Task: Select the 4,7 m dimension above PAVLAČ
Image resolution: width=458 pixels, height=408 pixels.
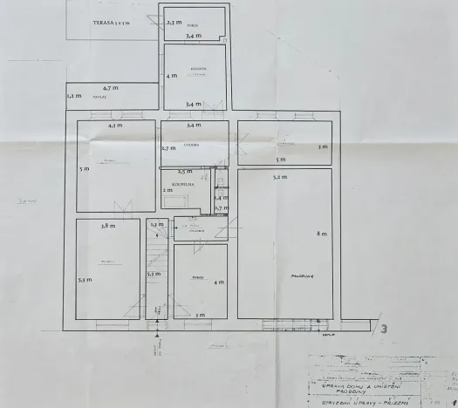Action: click(x=111, y=88)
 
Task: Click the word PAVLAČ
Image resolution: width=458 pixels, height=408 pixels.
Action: click(x=99, y=98)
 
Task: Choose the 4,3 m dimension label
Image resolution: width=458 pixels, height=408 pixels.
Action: click(x=115, y=126)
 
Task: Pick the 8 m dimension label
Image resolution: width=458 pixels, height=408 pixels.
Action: click(x=320, y=233)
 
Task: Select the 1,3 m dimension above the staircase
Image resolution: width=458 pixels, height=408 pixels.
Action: click(x=155, y=225)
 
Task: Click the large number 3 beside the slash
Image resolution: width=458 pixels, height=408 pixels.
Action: click(x=384, y=329)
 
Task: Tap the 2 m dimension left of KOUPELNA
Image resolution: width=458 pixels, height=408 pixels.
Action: click(x=167, y=189)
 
